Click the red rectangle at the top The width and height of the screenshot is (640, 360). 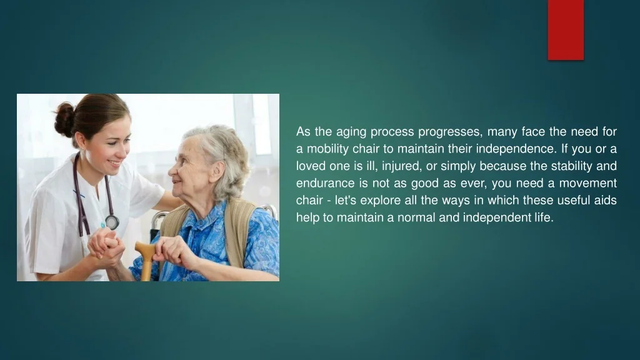pos(566,30)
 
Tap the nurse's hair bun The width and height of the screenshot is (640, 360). pos(65,119)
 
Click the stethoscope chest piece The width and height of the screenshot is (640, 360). pos(111,222)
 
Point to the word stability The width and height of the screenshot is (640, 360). pos(571,166)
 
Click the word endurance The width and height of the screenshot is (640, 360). pos(325,183)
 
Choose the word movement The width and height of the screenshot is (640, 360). pos(587,183)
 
